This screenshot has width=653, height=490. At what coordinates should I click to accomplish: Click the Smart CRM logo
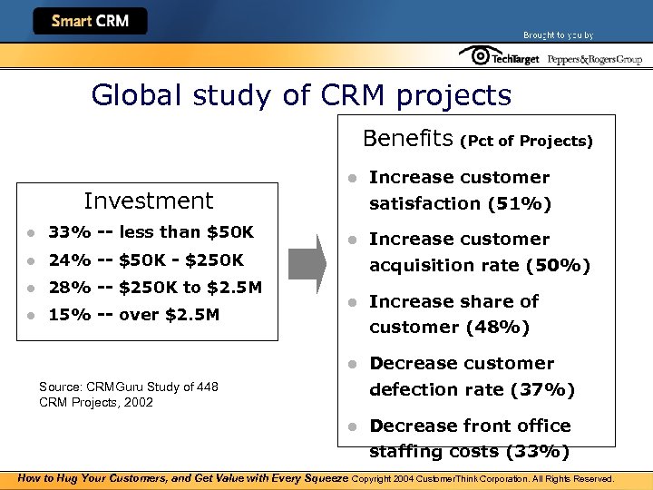point(90,21)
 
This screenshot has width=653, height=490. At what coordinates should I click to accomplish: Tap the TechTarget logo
point(499,58)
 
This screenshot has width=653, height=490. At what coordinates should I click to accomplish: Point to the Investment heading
point(148,201)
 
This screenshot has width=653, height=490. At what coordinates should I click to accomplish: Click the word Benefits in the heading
point(407,139)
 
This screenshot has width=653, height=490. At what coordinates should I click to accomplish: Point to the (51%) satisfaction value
point(519,203)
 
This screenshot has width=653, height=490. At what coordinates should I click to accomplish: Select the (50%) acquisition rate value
point(557,265)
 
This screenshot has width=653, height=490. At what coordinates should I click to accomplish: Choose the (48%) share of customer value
point(497,327)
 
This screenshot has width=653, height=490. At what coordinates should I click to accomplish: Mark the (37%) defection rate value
point(541,389)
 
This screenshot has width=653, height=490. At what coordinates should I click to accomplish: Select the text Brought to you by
point(558,34)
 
